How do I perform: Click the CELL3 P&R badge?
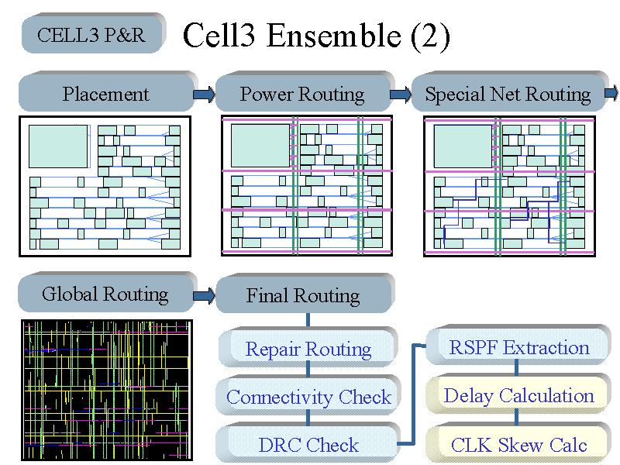[93, 33]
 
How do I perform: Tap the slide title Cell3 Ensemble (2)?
[316, 36]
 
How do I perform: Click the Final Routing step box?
[305, 294]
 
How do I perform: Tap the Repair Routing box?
[308, 347]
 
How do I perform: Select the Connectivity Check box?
[308, 395]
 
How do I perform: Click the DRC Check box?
[308, 443]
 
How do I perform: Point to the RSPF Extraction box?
[518, 346]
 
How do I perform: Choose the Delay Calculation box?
[518, 394]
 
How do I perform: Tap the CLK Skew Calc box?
[518, 443]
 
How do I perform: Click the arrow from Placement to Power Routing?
[204, 95]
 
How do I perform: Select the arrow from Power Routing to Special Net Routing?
[401, 95]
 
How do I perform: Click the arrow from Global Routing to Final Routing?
[204, 295]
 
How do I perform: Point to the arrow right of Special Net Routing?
[611, 93]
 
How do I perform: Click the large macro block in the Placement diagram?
[58, 146]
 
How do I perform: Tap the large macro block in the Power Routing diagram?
[260, 146]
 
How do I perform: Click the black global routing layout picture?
[107, 390]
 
